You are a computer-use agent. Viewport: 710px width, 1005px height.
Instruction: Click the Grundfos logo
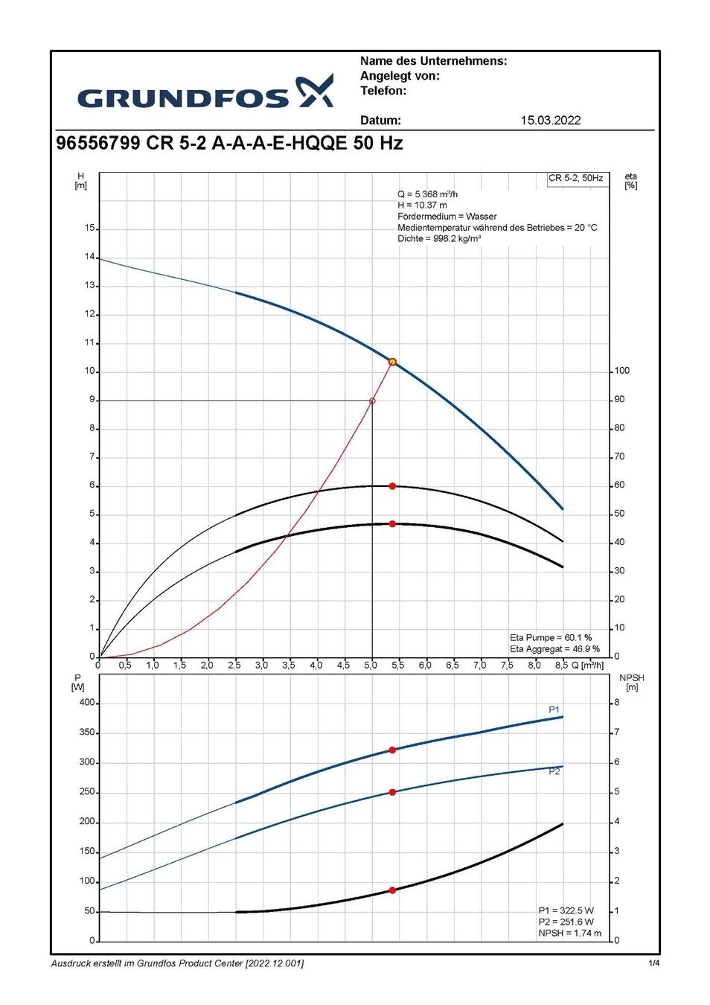(x=205, y=93)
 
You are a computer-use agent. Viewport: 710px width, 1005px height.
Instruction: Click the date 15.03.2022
(x=550, y=120)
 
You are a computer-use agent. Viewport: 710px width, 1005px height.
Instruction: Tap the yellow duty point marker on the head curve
(x=392, y=362)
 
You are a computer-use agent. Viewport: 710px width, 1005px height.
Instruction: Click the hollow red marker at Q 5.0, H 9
(x=372, y=401)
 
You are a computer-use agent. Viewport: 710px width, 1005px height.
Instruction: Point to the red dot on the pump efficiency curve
(x=392, y=486)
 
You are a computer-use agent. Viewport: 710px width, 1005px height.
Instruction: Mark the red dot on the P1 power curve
(x=392, y=750)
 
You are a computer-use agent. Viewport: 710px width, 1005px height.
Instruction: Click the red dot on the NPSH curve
(x=392, y=890)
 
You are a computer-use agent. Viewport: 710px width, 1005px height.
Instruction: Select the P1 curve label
(x=554, y=709)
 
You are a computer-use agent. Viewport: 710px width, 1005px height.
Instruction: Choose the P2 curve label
(x=554, y=771)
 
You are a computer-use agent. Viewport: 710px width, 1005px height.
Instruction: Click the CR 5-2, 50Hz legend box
(x=576, y=179)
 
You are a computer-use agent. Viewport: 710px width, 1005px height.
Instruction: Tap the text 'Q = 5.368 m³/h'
(x=427, y=194)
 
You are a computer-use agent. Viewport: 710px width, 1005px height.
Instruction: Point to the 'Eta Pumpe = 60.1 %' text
(x=551, y=638)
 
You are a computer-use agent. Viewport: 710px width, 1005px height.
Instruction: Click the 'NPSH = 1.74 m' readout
(x=569, y=933)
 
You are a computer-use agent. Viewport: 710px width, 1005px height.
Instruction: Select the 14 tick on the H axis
(x=89, y=257)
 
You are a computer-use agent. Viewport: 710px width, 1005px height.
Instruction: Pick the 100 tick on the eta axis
(x=621, y=371)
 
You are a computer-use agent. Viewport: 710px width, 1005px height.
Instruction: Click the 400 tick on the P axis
(x=87, y=702)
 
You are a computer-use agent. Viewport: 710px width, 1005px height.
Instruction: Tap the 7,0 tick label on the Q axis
(x=479, y=665)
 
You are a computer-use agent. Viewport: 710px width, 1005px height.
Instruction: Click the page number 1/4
(x=653, y=963)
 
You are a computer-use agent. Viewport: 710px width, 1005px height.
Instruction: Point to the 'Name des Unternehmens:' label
(x=433, y=61)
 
